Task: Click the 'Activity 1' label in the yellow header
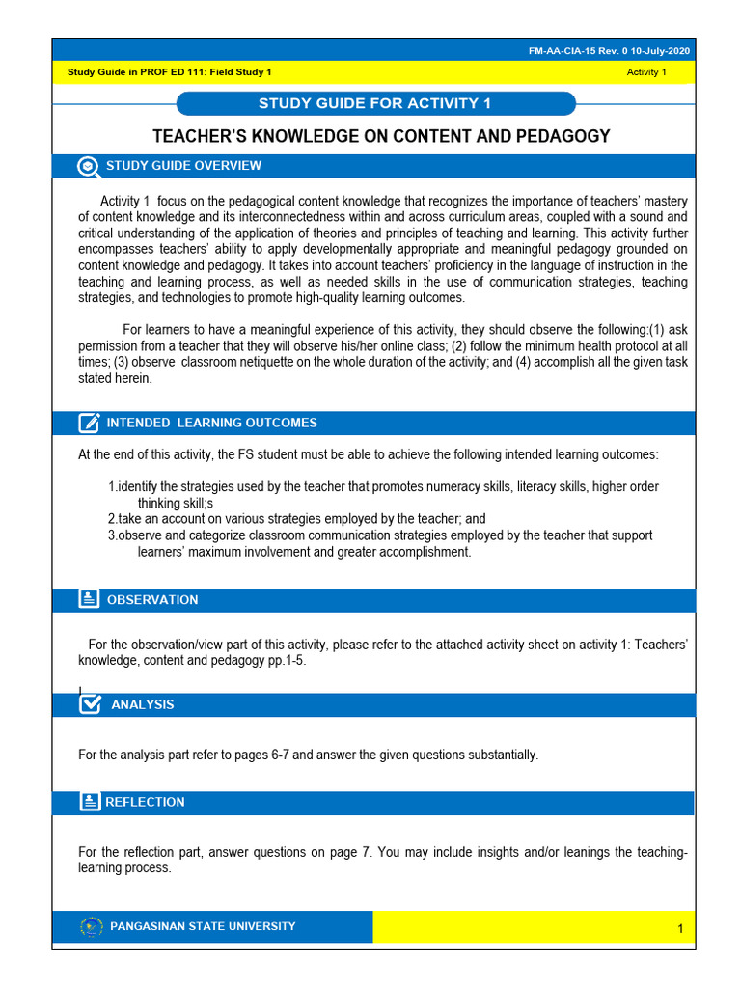click(x=646, y=73)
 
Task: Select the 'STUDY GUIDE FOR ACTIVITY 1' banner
click(x=375, y=103)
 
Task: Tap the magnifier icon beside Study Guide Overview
click(x=89, y=166)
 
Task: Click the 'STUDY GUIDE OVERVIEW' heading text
click(x=183, y=166)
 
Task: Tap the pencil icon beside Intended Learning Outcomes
click(x=89, y=423)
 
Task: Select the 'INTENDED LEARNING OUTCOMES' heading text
click(x=211, y=423)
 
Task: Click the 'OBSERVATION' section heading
click(x=152, y=600)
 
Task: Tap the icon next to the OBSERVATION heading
click(x=89, y=599)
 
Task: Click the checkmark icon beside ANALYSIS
click(x=89, y=704)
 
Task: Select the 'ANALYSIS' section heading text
click(x=143, y=705)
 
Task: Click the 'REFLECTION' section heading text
click(x=145, y=802)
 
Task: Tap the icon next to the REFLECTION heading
click(x=89, y=802)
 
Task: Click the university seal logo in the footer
click(x=92, y=926)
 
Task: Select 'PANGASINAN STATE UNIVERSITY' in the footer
click(x=204, y=926)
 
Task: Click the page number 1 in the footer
click(x=680, y=929)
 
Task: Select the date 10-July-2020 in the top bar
click(x=661, y=51)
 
